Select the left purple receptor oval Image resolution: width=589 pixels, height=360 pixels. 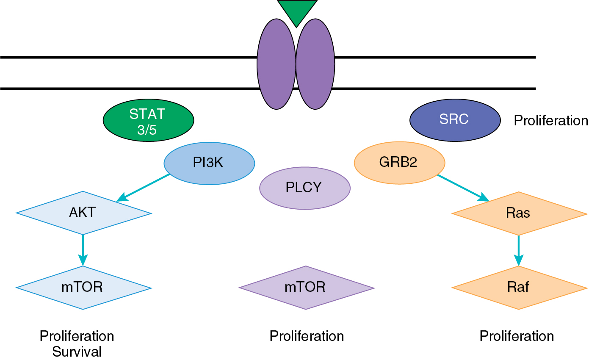276,64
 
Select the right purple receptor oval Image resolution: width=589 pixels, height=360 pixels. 315,64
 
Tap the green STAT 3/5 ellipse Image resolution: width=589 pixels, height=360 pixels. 148,120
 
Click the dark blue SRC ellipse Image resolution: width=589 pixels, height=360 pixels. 455,120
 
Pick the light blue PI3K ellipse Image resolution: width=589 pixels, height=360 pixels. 209,163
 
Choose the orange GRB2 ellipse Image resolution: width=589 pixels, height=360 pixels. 399,163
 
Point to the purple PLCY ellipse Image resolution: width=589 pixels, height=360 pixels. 305,188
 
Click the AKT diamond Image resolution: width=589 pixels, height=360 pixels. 83,213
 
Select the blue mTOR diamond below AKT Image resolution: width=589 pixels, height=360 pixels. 83,288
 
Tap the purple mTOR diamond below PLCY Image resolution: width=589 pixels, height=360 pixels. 307,288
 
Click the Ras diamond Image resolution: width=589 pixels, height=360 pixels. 520,213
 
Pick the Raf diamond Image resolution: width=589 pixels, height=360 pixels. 520,288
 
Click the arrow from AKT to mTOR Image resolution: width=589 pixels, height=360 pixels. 83,250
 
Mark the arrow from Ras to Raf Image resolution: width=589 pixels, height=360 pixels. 519,250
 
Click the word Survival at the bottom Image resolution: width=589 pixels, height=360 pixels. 77,352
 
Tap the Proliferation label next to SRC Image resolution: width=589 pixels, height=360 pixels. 551,121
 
